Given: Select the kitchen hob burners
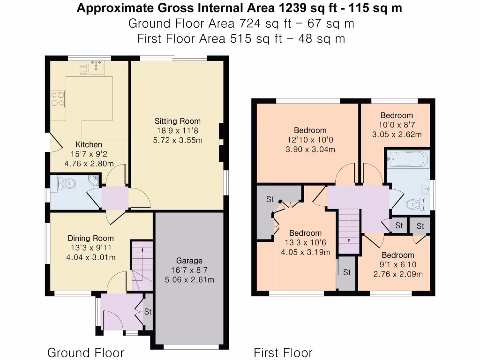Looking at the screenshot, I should (x=58, y=99).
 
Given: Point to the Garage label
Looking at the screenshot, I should (x=189, y=261).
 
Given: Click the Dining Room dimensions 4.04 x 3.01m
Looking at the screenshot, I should (x=91, y=257).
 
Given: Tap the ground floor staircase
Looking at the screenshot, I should (x=142, y=265).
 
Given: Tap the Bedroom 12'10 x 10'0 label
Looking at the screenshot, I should (x=310, y=130).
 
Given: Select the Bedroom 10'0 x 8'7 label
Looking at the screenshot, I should (x=397, y=115).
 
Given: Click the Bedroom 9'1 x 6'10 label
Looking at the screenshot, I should (x=397, y=255).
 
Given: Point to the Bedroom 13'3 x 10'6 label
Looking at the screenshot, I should (x=305, y=233).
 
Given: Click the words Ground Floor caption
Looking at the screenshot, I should (x=85, y=352).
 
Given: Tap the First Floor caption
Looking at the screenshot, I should (x=283, y=352).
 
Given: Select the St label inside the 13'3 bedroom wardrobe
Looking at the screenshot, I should (x=270, y=199).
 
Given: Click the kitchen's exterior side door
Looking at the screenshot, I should (x=52, y=141).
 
